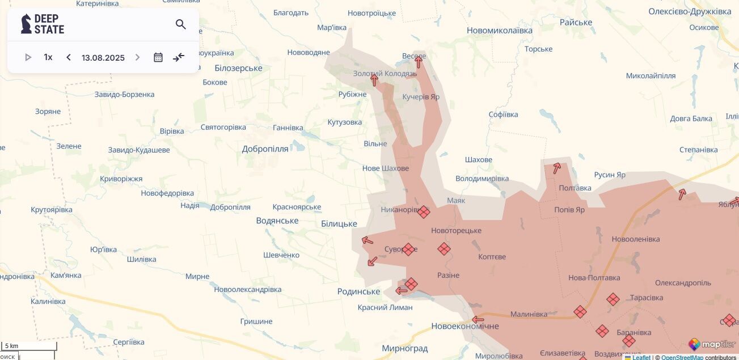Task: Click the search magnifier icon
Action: click(x=181, y=24)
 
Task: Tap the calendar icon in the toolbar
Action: click(x=158, y=57)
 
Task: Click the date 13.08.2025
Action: click(x=103, y=58)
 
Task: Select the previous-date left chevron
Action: click(x=69, y=57)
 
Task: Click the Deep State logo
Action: click(x=43, y=24)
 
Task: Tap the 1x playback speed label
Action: click(x=48, y=57)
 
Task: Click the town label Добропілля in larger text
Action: click(x=265, y=149)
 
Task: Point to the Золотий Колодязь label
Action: click(x=385, y=74)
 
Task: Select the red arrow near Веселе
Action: click(x=419, y=61)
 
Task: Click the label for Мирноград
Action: click(x=404, y=348)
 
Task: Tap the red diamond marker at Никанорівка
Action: click(x=424, y=212)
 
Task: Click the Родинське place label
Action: click(x=358, y=291)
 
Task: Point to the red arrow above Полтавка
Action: click(x=557, y=168)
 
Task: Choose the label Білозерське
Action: click(x=238, y=68)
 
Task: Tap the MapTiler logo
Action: click(x=712, y=344)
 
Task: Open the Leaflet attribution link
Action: click(x=641, y=357)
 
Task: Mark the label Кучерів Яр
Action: click(x=421, y=97)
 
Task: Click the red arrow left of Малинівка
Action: click(x=478, y=319)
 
